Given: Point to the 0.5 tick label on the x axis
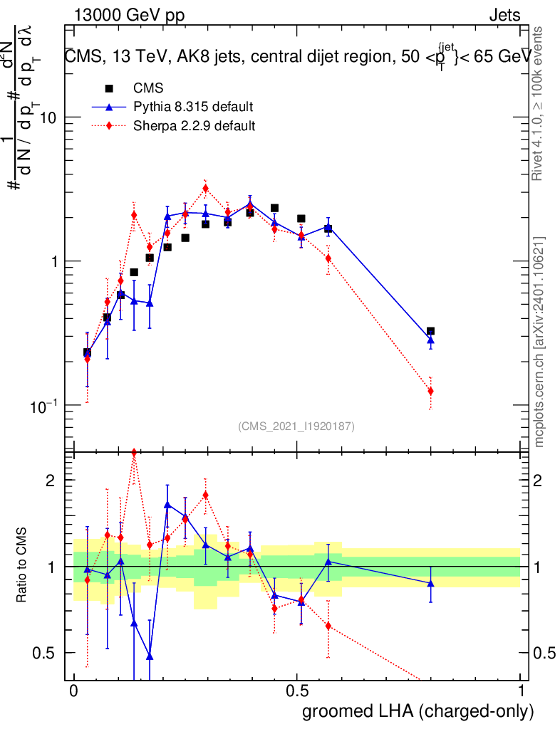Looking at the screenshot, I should click(x=297, y=691).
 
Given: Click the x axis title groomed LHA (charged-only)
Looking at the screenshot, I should click(x=418, y=711).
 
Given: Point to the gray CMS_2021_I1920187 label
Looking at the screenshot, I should click(x=296, y=426).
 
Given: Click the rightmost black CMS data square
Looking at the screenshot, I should click(x=430, y=331).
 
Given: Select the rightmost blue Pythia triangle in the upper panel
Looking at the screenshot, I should click(x=430, y=340).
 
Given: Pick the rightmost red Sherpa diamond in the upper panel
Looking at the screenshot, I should click(x=430, y=391).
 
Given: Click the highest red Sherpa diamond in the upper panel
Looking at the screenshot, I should click(x=205, y=189).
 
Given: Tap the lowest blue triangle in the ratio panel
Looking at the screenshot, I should click(x=150, y=656).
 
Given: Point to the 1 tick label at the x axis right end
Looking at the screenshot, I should click(x=520, y=691).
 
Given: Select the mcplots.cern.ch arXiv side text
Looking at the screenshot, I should click(x=539, y=342).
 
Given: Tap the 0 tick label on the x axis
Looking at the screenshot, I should click(x=73, y=691).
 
